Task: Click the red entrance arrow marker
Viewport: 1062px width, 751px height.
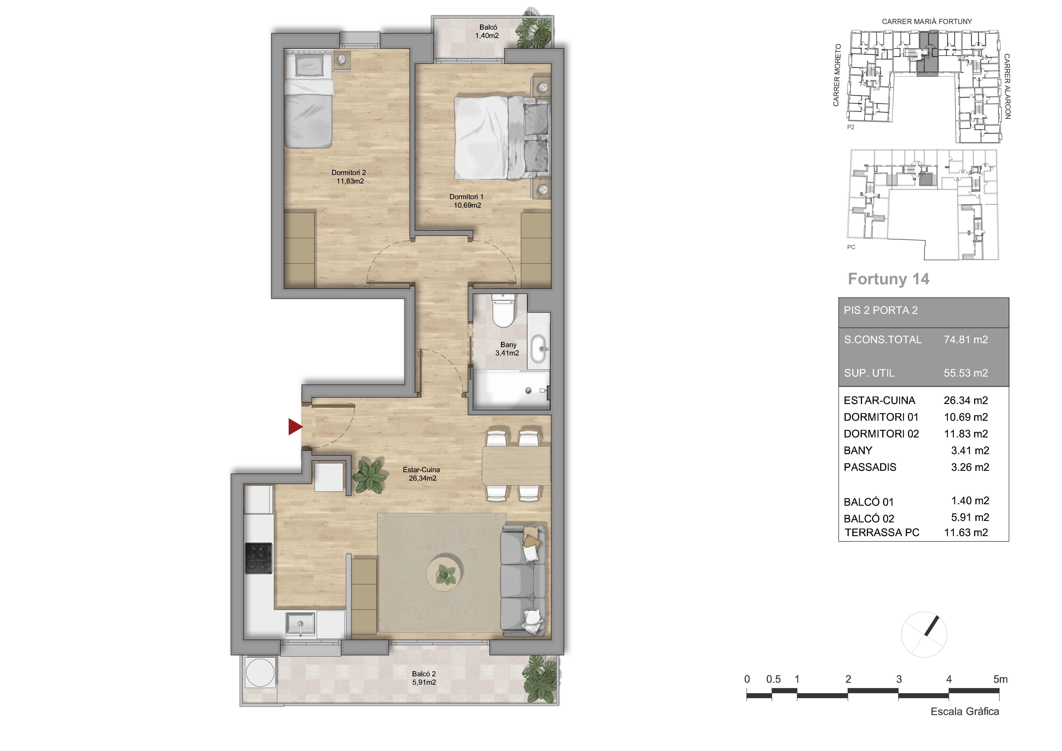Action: pos(295,427)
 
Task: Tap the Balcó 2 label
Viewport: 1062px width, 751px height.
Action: pos(424,678)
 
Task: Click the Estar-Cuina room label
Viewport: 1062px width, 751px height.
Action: pos(421,474)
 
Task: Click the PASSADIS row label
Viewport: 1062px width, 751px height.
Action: pos(870,467)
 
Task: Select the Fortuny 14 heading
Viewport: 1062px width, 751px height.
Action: pos(888,279)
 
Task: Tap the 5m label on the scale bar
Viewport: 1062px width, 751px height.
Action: pos(1001,679)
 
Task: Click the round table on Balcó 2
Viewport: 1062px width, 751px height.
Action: pos(260,672)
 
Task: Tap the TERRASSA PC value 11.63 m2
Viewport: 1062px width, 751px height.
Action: pos(966,533)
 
